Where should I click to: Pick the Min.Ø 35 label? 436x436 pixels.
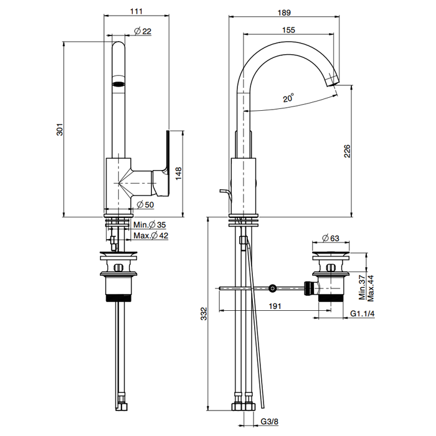pos(149,225)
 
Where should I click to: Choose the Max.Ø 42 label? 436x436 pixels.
pos(151,235)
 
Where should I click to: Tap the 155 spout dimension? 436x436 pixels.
pos(288,29)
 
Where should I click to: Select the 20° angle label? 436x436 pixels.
pos(288,98)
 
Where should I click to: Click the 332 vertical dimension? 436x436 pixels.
pos(203,316)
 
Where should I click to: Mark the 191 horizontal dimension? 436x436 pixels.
pos(275,306)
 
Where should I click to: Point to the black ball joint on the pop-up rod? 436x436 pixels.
pos(272,288)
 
